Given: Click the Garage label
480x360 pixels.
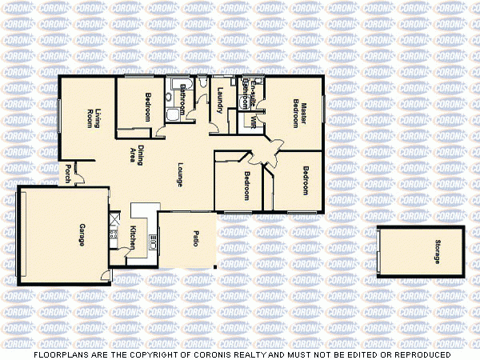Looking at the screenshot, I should point(82,233).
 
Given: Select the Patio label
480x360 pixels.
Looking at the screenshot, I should point(195,238).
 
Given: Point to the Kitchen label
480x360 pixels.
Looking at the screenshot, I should point(133,236).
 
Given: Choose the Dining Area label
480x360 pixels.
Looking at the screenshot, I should point(136,154).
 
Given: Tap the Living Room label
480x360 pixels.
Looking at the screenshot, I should point(95,118).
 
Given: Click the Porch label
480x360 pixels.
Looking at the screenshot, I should point(69,173).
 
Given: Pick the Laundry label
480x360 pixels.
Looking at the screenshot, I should point(221,98).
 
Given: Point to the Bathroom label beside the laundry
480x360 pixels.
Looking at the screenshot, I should point(183,98).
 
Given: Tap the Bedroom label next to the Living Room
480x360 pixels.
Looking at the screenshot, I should point(149,108).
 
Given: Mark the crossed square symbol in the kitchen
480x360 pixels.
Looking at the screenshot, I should point(115,215).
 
